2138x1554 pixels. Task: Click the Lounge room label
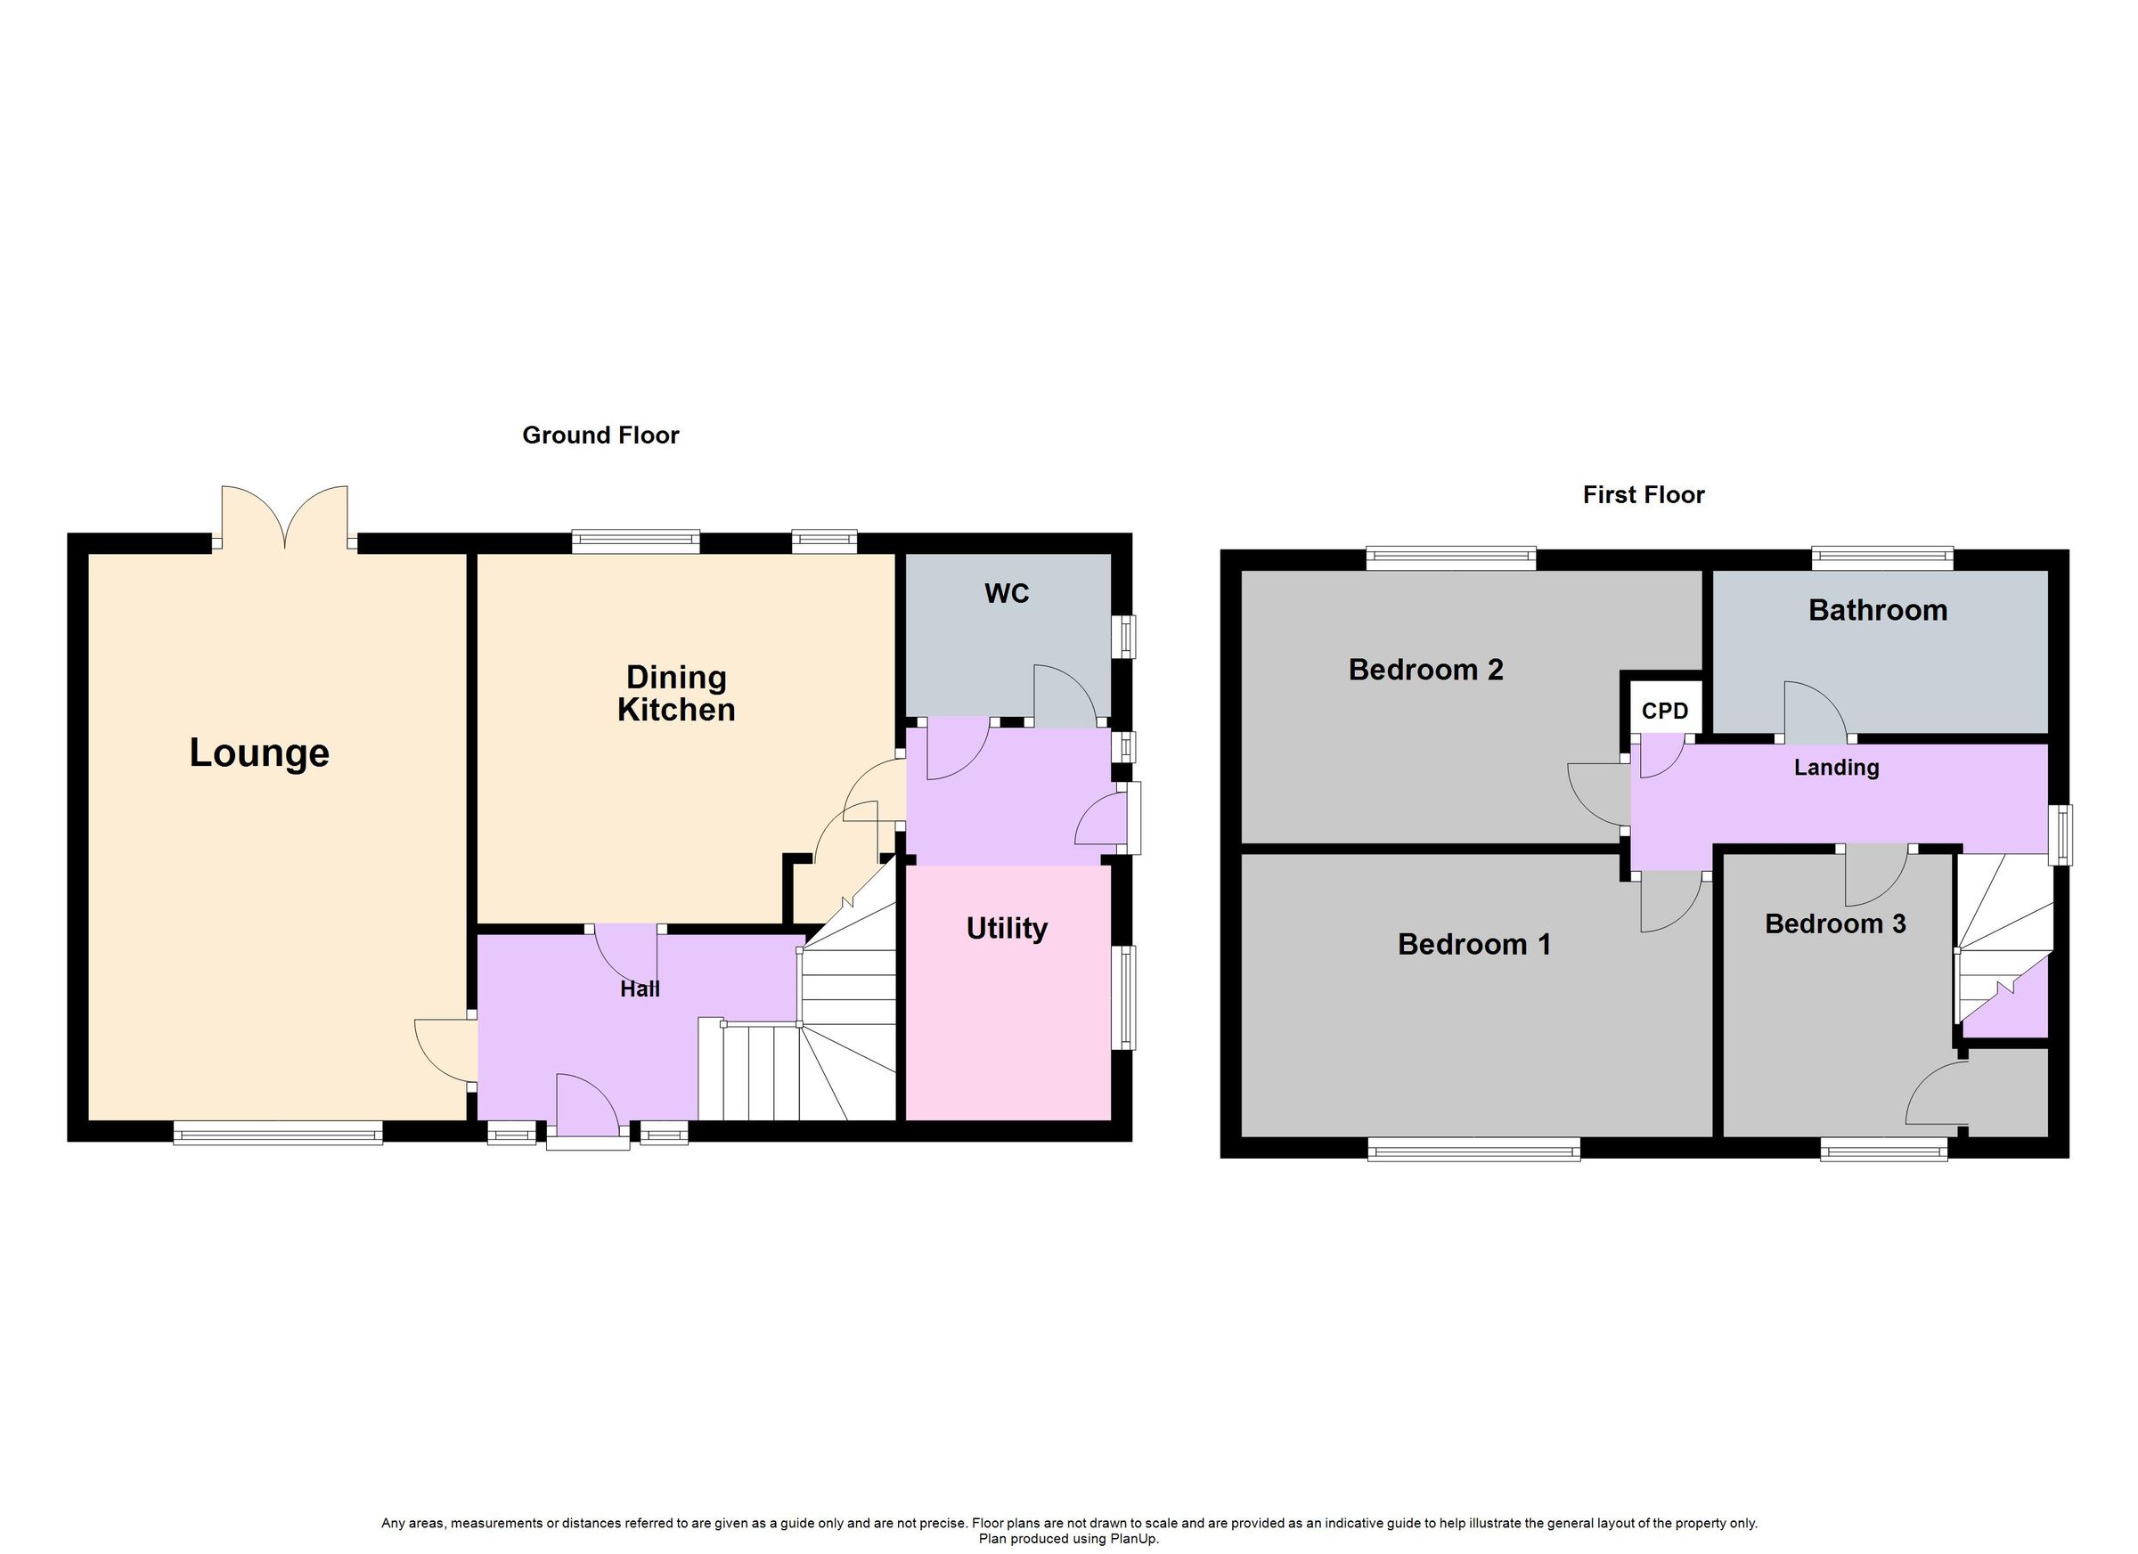pos(259,753)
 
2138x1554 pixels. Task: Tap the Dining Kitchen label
pos(676,694)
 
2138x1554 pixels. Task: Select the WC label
pos(1006,594)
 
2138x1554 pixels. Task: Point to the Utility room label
pos(1006,929)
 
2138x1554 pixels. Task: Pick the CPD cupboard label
pos(1664,712)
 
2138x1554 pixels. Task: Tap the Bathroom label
pos(1877,611)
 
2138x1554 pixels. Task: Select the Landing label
pos(1835,768)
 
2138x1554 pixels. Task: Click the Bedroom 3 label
pos(1834,924)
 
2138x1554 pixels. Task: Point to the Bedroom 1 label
pos(1473,944)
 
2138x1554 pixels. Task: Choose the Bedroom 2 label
pos(1425,670)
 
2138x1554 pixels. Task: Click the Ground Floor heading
pos(600,435)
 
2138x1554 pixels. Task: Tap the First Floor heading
pos(1643,495)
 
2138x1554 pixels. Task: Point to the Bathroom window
pos(1881,559)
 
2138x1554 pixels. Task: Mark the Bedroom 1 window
pos(1473,1149)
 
